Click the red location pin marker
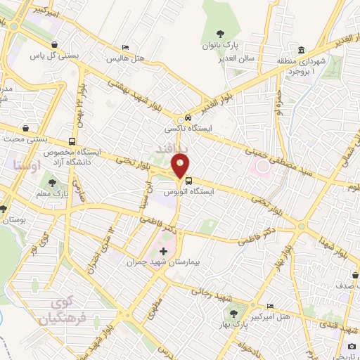pyautogui.click(x=181, y=166)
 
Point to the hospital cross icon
pyautogui.click(x=164, y=251)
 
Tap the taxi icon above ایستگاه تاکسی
pyautogui.click(x=188, y=118)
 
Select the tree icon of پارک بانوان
pyautogui.click(x=221, y=33)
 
